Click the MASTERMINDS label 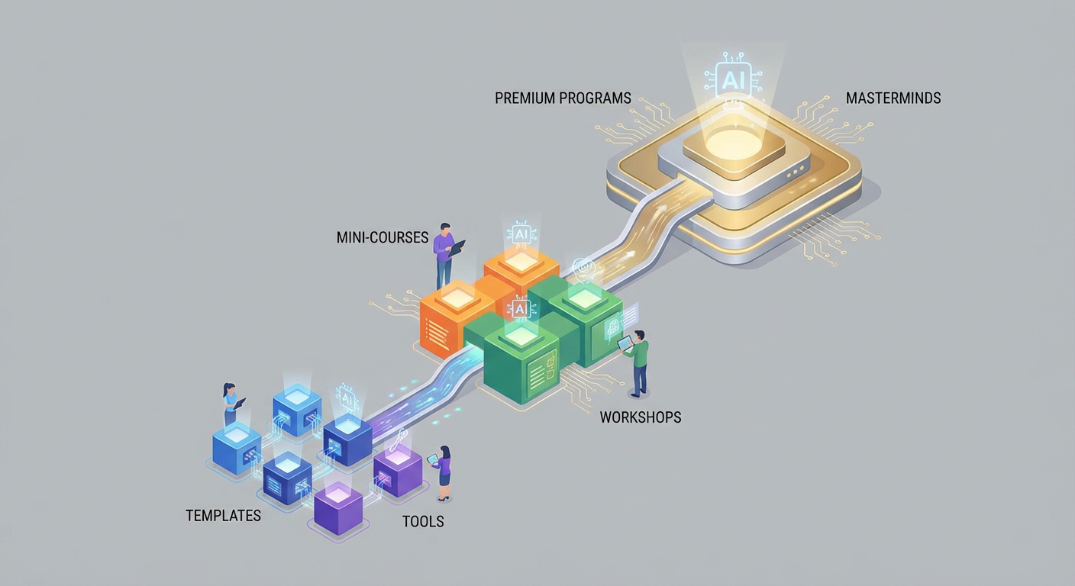[893, 98]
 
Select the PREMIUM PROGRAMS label [563, 98]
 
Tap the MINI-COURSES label [382, 238]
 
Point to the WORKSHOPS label [640, 417]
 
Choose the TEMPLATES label [223, 516]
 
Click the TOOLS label [422, 522]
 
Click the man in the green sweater [638, 363]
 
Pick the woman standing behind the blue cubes [230, 404]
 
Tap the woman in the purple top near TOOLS [443, 472]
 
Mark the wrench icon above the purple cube [399, 439]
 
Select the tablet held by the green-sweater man [625, 343]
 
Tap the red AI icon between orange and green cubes [521, 309]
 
